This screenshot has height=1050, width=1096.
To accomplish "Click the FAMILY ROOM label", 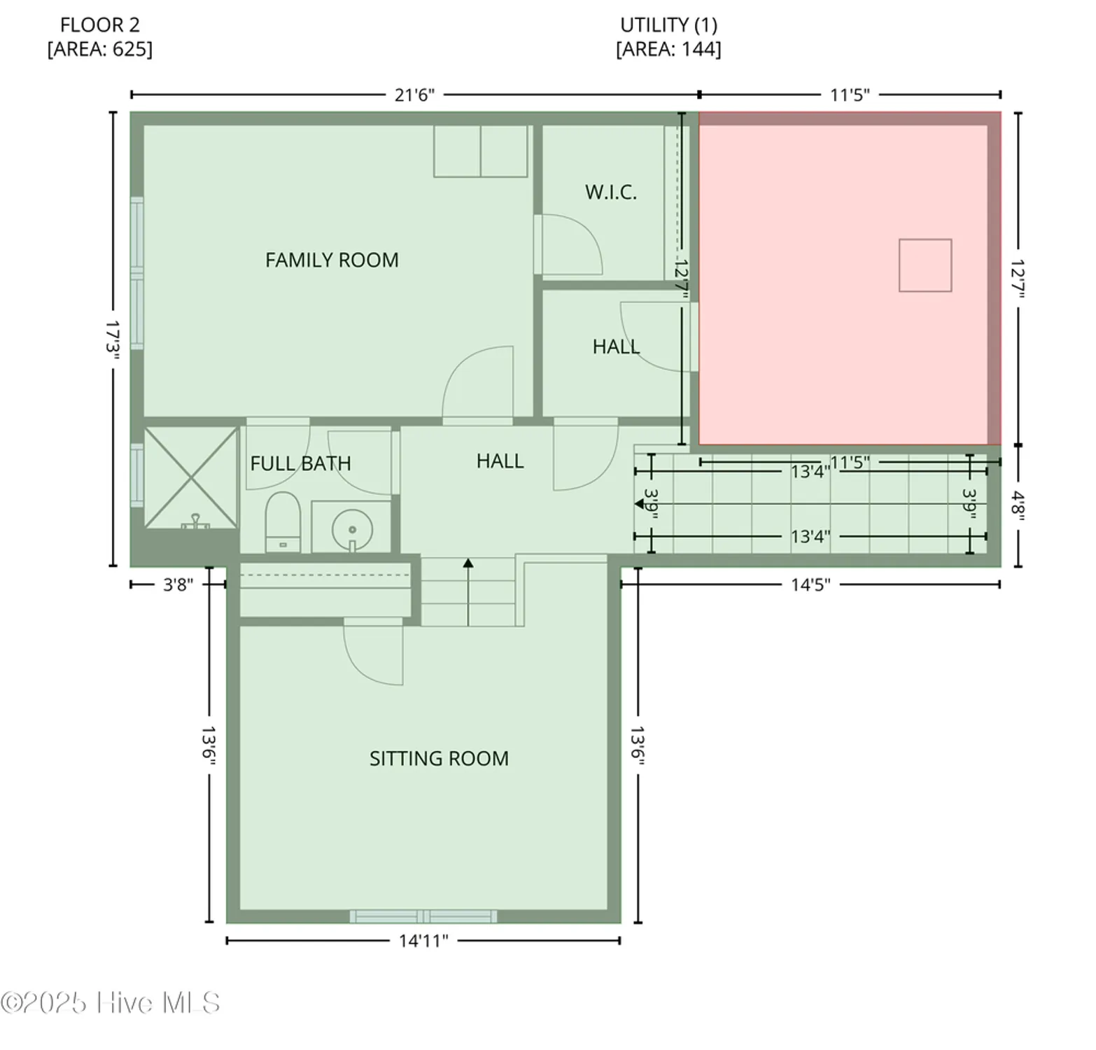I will tap(332, 260).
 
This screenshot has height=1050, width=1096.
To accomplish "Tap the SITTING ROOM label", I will tap(439, 759).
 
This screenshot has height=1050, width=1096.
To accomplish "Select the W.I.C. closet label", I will tap(611, 192).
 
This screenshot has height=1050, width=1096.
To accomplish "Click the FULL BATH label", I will tap(300, 463).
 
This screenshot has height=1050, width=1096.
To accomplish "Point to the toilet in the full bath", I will tap(283, 522).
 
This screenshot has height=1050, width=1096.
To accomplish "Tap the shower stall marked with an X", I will tap(190, 477).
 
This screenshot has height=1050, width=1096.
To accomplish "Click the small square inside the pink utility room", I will tap(925, 265).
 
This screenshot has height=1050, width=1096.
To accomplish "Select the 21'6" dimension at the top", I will tap(414, 95).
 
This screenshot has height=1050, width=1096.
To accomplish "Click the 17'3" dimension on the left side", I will tap(113, 339).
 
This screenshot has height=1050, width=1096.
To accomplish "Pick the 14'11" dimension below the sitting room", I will tap(423, 941).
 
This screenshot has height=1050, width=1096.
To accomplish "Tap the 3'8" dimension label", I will tap(178, 584).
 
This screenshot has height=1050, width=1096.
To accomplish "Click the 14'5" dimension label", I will tap(810, 584).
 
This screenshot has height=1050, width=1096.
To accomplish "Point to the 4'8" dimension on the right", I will tap(1018, 503).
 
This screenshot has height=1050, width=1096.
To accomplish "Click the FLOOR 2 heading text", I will tap(99, 25).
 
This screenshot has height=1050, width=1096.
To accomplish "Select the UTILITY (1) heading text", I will tap(668, 25).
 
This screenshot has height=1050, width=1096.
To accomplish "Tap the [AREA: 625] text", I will tap(99, 50).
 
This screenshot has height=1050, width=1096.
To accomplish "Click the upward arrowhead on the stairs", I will tap(468, 563).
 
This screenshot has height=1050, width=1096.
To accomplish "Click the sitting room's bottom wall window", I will tap(423, 916).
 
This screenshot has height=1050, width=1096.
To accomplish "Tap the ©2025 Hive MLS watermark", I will tap(111, 1003).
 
